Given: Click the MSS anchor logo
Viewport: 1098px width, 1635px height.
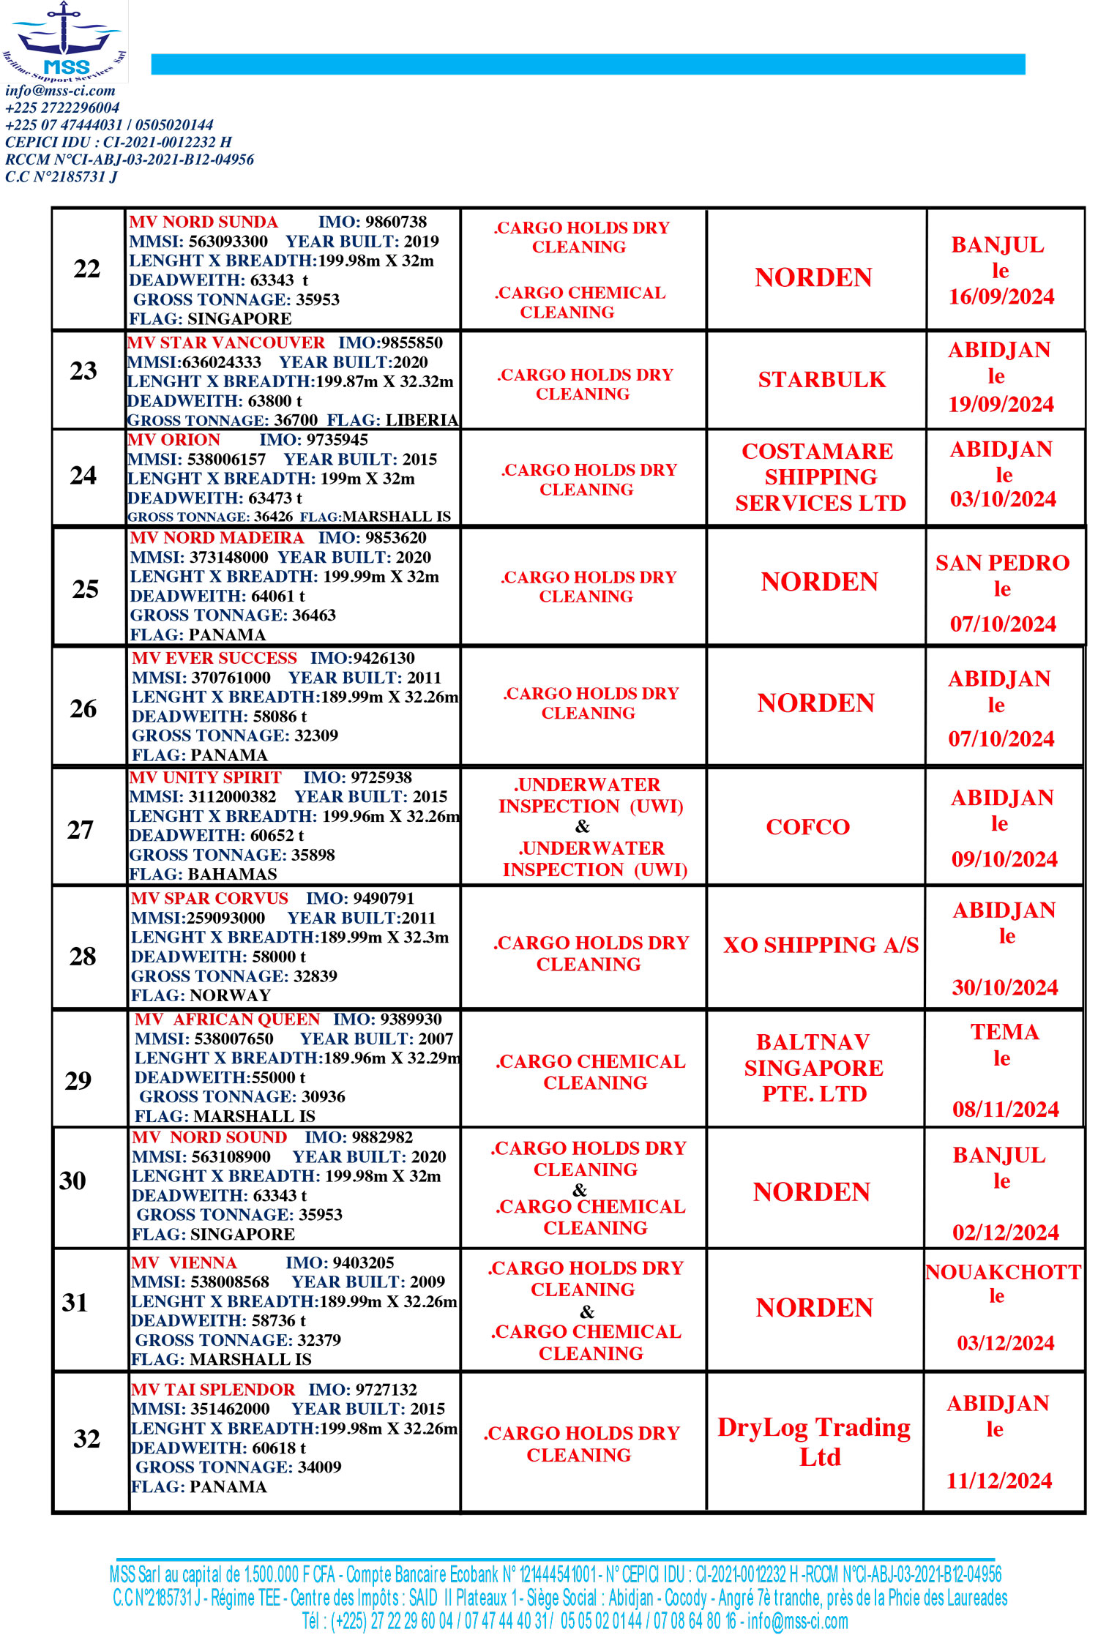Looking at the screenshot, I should pos(64,40).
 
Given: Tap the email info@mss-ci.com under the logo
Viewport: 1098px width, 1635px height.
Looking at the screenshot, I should pos(60,91).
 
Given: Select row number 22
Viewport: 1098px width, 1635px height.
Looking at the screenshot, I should pos(87,269).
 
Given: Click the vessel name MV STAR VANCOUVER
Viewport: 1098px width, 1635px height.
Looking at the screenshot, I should pos(226,343).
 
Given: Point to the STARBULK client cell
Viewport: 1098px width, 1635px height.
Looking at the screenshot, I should pos(821,380).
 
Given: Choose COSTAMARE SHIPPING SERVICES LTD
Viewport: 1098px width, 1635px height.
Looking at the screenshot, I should pos(820,477).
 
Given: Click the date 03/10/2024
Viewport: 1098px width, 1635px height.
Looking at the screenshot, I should pos(1003,500).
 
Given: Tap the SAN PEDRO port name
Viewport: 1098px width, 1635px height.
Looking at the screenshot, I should pos(1002,563).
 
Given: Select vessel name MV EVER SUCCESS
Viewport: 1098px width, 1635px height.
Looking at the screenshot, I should pos(214,658).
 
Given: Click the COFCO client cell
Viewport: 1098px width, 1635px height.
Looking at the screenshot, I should pos(807,827).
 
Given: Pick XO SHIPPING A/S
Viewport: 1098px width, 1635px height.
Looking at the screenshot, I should pos(821,946).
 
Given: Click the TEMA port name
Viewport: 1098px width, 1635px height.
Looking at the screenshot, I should pos(1004,1032).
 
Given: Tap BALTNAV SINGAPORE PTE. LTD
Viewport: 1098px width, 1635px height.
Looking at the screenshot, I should pos(814,1068).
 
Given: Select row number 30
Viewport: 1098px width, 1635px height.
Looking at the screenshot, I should pos(72,1181).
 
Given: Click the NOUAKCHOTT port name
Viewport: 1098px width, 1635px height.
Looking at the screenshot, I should pos(1003,1272).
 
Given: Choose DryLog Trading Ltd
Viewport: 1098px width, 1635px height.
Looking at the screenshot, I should pos(814,1441).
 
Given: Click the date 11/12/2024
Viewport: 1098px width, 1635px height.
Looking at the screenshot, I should pos(999,1481).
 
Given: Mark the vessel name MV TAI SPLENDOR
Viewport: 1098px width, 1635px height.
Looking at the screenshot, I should pos(213,1389).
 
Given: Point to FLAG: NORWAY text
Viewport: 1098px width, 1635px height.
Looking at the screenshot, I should pos(201,995).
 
